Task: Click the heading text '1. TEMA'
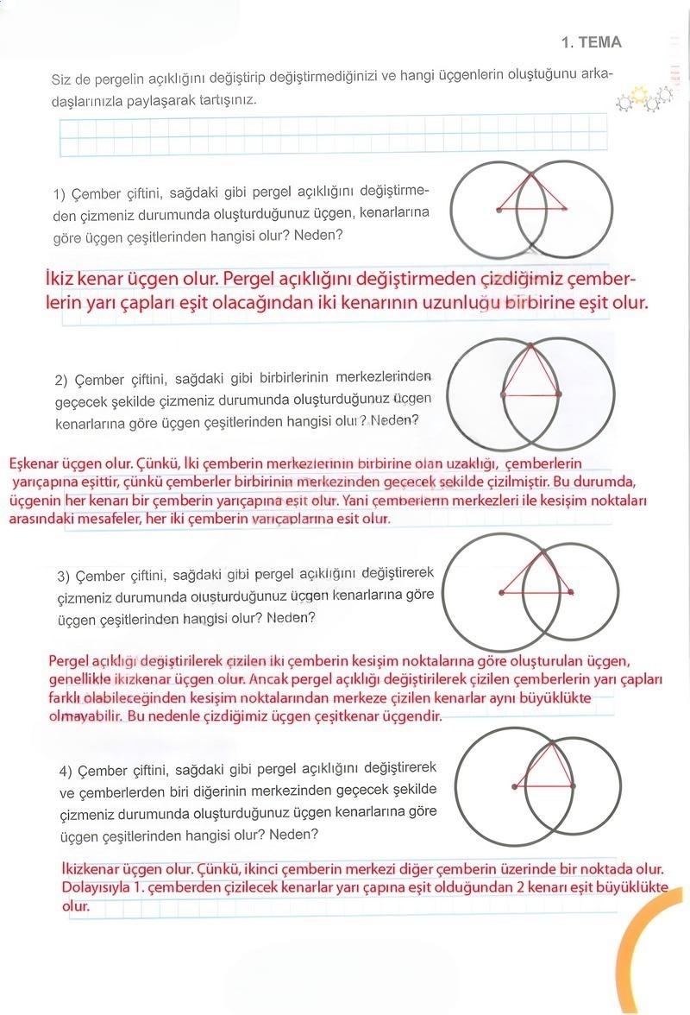point(591,42)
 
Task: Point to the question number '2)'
point(61,380)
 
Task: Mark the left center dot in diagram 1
point(499,209)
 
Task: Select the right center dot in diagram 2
point(559,394)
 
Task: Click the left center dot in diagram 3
point(501,592)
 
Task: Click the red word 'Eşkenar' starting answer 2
point(32,464)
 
